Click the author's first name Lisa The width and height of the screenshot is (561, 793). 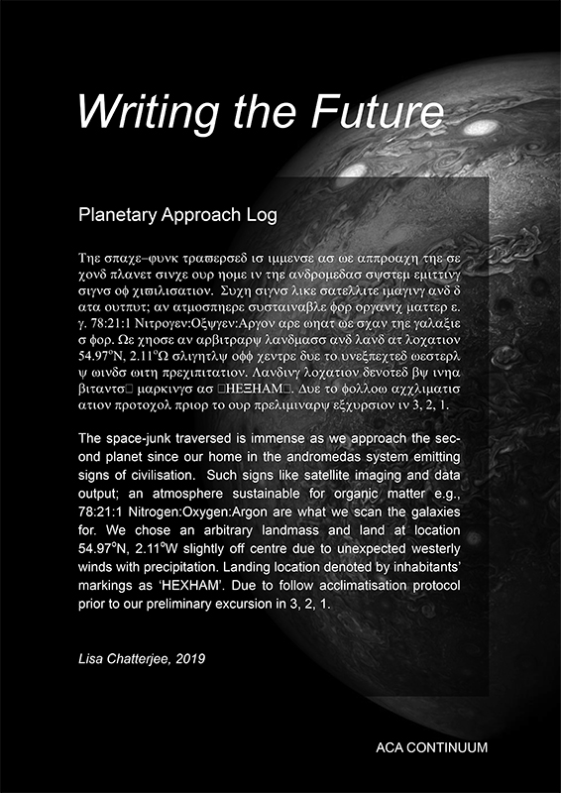(x=90, y=658)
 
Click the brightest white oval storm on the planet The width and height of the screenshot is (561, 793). (x=480, y=128)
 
